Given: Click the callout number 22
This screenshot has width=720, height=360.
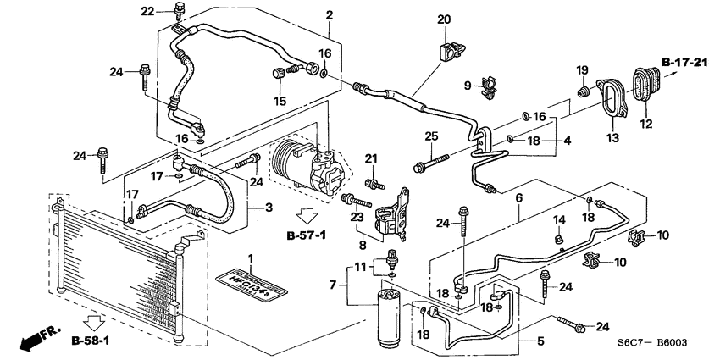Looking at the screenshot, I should click(x=147, y=11).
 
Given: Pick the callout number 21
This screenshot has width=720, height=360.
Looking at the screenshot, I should click(x=369, y=159).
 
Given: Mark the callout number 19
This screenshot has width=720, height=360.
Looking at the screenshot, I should click(x=582, y=69).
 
